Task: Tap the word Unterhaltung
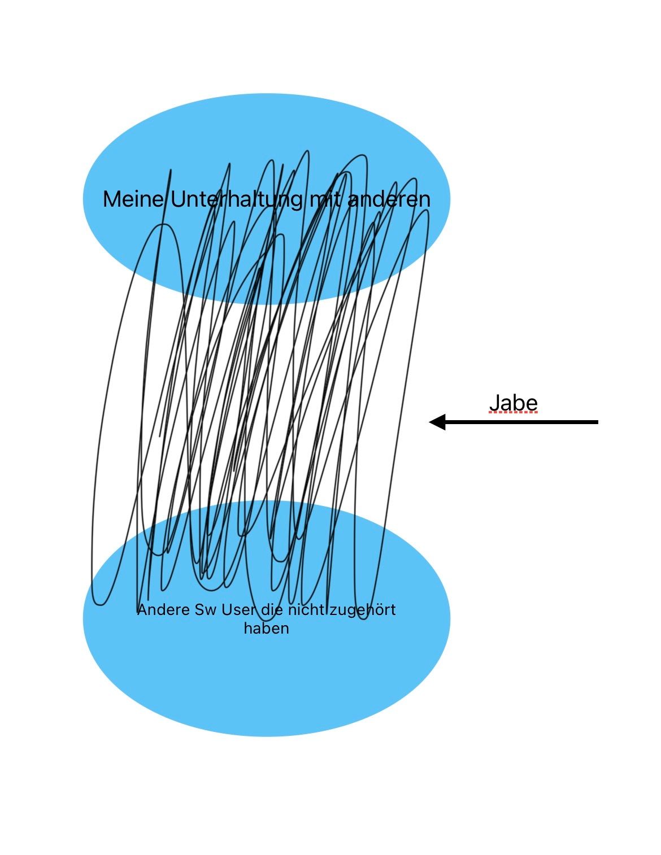click(237, 200)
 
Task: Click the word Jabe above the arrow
click(513, 403)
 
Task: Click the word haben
click(266, 629)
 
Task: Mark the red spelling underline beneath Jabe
click(513, 413)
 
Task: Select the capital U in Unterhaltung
click(178, 199)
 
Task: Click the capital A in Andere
click(142, 610)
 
